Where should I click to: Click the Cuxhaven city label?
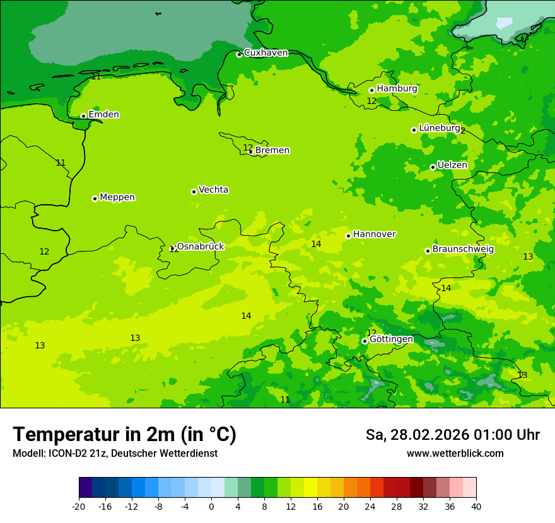(x=266, y=53)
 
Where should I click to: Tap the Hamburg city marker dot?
(x=371, y=90)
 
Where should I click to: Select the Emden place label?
(x=103, y=115)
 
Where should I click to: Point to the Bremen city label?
(x=272, y=151)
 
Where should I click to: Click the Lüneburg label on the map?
(x=440, y=128)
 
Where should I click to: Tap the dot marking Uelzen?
(x=433, y=167)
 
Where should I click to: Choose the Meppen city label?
(x=117, y=197)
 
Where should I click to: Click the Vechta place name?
(x=213, y=190)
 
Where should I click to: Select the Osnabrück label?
(x=201, y=246)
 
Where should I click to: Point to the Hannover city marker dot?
(x=348, y=236)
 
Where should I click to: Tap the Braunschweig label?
(x=463, y=250)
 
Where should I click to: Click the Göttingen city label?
(x=391, y=340)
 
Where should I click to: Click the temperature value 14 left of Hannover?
(x=316, y=244)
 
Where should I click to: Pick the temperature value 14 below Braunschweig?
(x=446, y=288)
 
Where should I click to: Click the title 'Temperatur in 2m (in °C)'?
(x=124, y=434)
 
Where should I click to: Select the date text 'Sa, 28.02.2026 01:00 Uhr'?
(x=452, y=435)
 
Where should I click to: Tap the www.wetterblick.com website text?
(x=455, y=454)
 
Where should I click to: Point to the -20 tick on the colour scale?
(x=79, y=507)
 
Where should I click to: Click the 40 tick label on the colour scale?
(x=476, y=507)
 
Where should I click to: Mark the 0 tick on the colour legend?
(x=211, y=507)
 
